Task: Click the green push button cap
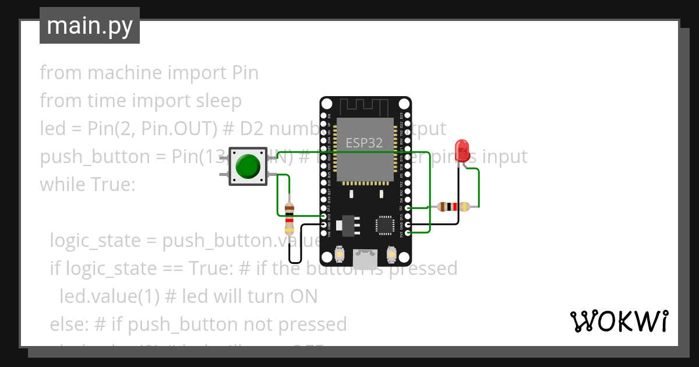pyautogui.click(x=248, y=167)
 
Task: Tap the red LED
pyautogui.click(x=463, y=150)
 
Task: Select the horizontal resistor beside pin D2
pyautogui.click(x=453, y=206)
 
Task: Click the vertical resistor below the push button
pyautogui.click(x=290, y=220)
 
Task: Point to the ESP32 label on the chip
pyautogui.click(x=364, y=143)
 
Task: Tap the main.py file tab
pyautogui.click(x=90, y=26)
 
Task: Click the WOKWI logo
pyautogui.click(x=618, y=321)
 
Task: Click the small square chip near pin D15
pyautogui.click(x=385, y=225)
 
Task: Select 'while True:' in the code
pyautogui.click(x=87, y=185)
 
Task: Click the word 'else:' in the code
pyautogui.click(x=69, y=324)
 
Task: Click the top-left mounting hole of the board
pyautogui.click(x=327, y=105)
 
